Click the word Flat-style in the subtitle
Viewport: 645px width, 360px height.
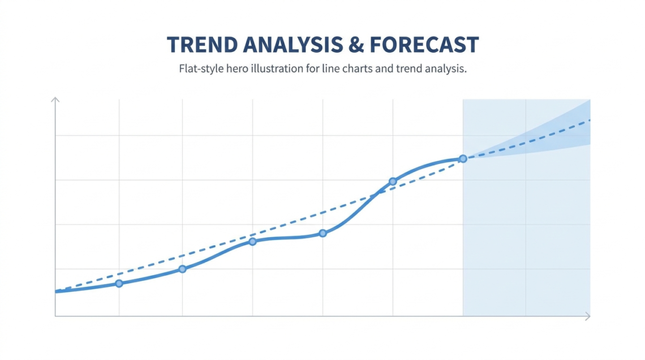201,70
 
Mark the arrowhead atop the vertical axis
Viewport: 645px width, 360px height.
55,100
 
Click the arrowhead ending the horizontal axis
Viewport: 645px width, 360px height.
587,316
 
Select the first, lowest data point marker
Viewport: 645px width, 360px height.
119,283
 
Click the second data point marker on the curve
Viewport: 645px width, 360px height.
182,269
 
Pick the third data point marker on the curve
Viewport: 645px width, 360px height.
252,242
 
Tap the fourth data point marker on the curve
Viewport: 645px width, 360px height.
322,233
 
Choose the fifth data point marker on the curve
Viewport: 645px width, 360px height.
393,182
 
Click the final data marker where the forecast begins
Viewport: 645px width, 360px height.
463,159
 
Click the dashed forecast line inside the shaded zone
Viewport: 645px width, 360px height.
526,142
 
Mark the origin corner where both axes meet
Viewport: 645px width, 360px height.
55,316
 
